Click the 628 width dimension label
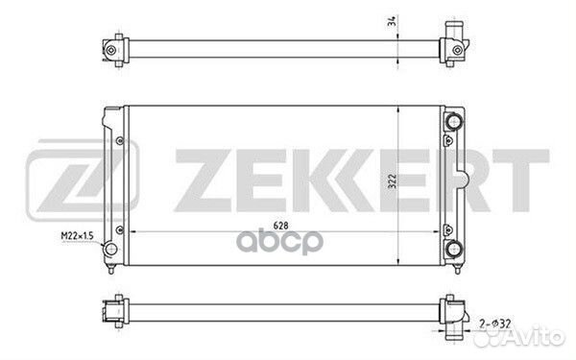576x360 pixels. point(280,226)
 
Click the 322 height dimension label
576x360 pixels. point(393,181)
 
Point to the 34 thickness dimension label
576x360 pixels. point(393,21)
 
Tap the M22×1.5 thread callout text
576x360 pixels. point(77,235)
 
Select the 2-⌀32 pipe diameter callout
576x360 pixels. point(494,324)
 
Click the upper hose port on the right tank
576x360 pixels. point(454,122)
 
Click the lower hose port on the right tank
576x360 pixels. point(454,249)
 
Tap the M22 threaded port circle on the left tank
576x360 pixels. point(110,249)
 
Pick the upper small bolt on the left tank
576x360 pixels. point(120,141)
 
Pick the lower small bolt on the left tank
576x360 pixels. point(120,230)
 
